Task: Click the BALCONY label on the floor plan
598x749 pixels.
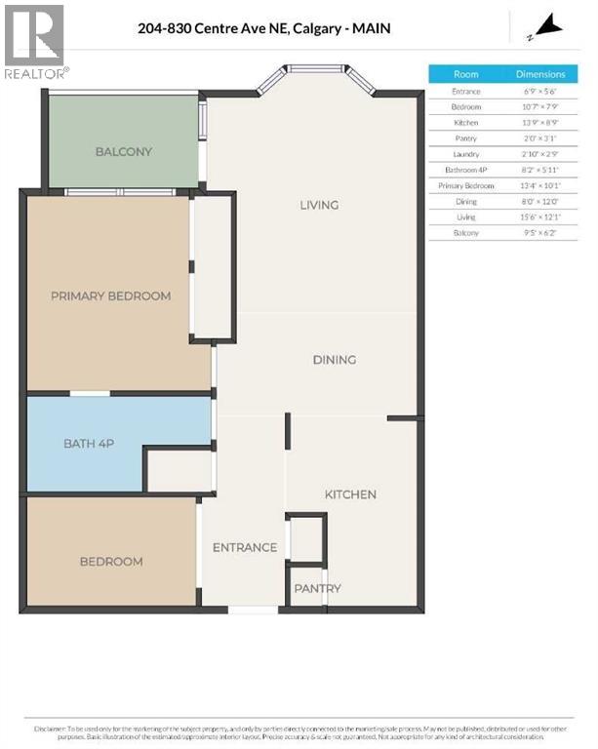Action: point(124,151)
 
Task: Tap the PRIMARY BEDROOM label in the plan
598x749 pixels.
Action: point(110,296)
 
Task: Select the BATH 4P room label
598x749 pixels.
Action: point(89,444)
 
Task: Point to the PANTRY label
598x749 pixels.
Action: point(318,588)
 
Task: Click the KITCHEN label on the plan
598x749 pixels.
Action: point(350,494)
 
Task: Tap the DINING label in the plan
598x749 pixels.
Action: point(334,360)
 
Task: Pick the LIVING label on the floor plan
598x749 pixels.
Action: point(319,205)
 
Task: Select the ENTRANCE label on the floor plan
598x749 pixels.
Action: point(245,547)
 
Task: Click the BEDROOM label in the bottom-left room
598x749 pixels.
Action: point(110,562)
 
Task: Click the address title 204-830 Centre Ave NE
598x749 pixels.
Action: point(264,28)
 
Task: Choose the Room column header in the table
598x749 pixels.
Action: point(466,74)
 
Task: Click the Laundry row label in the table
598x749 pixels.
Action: point(466,154)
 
